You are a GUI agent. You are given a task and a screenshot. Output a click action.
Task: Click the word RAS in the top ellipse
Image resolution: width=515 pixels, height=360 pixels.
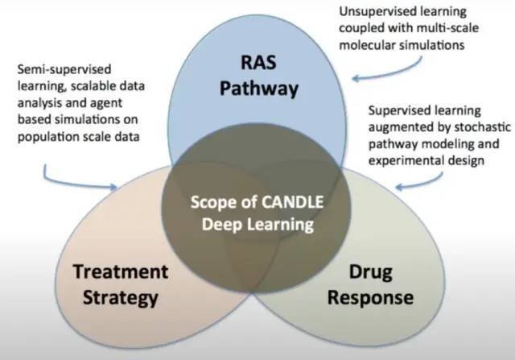(x=258, y=62)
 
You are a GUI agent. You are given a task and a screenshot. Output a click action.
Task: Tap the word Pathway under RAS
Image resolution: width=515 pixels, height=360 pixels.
(x=259, y=89)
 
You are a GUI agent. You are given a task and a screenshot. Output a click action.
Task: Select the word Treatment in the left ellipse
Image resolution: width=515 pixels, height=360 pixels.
(x=121, y=271)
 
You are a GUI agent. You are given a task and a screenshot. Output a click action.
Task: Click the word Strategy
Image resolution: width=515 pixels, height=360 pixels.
(x=121, y=298)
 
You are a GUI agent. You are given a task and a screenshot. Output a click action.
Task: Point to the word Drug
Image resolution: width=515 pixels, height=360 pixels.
(x=371, y=273)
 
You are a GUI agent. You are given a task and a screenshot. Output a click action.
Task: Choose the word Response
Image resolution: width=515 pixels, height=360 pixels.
(x=370, y=298)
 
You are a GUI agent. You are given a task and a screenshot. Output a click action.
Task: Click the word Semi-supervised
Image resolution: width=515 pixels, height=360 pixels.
(x=64, y=70)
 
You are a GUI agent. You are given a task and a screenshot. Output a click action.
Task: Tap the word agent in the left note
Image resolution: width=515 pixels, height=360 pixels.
(x=106, y=103)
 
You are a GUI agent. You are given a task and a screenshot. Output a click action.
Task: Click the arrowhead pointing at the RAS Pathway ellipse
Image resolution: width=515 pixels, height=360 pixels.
(x=356, y=78)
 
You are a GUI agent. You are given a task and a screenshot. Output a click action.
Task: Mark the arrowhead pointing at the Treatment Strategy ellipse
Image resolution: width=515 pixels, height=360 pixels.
(x=113, y=187)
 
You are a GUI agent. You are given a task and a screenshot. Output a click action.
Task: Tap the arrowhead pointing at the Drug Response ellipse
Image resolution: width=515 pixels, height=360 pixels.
(x=399, y=187)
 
